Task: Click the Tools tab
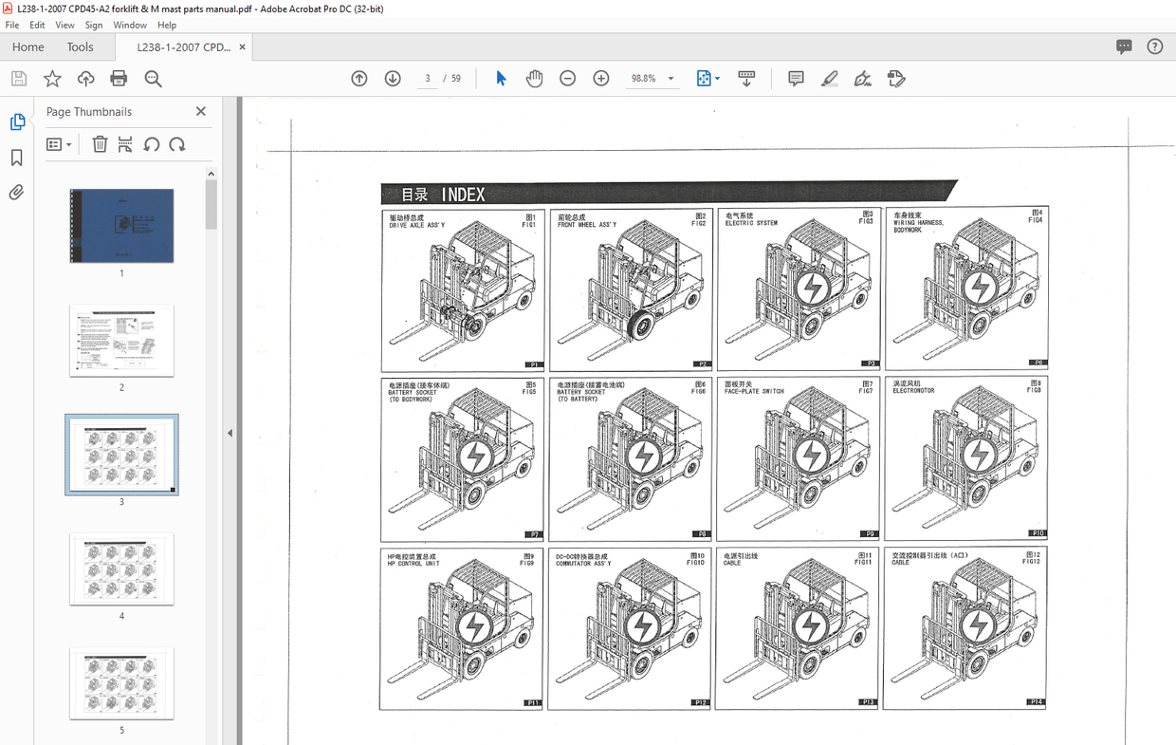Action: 80,47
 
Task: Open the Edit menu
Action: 37,25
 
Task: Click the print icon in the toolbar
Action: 119,79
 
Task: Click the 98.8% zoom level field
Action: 645,79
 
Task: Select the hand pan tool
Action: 534,79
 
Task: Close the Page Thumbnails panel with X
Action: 201,111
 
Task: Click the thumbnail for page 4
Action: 121,568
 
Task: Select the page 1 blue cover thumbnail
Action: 121,225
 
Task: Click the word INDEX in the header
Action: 463,195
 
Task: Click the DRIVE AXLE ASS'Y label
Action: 416,226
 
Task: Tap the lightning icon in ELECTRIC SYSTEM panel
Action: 811,288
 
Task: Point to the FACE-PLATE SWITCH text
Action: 754,392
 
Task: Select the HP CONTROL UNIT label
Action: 413,564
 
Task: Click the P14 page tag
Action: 1037,702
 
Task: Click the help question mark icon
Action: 1154,47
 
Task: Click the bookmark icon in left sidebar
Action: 16,158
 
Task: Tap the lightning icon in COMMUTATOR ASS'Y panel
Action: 642,626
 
